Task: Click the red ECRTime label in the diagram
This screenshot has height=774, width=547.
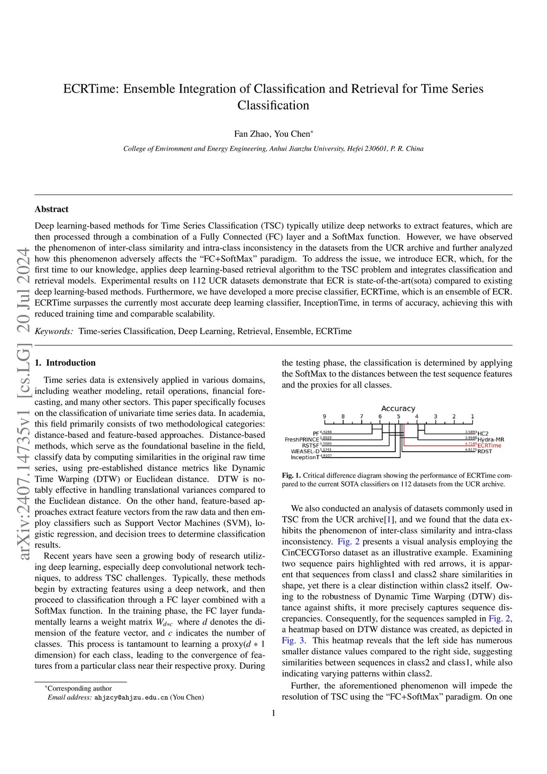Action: (x=489, y=445)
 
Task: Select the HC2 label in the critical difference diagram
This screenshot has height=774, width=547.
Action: (x=483, y=433)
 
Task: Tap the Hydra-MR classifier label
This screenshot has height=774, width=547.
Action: (x=490, y=439)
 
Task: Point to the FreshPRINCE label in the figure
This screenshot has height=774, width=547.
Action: (x=301, y=439)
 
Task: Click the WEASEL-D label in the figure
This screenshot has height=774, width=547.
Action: (x=305, y=451)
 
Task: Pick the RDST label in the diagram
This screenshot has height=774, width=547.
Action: (x=485, y=451)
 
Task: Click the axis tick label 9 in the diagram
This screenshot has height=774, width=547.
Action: (x=324, y=416)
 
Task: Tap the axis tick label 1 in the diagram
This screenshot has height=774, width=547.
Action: (x=472, y=416)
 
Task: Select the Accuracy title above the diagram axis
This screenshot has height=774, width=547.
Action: (x=398, y=408)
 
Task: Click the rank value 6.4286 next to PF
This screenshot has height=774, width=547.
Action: (x=326, y=432)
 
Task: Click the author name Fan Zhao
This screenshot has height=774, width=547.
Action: (x=252, y=134)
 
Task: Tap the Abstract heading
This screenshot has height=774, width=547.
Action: (x=51, y=209)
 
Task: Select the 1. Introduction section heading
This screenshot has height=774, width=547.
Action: (x=65, y=362)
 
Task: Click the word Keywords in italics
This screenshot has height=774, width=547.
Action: (x=53, y=331)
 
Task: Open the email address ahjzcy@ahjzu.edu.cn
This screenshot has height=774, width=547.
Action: (x=131, y=698)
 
